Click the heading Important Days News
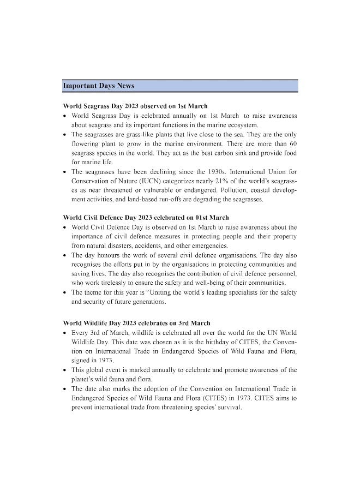[x=99, y=86]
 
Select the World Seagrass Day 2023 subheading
[x=135, y=106]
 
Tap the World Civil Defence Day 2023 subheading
[x=146, y=218]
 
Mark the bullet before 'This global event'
[x=65, y=370]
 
